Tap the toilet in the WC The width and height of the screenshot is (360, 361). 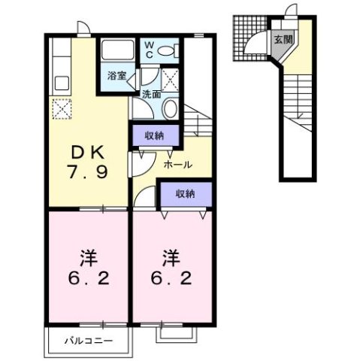pos(172,50)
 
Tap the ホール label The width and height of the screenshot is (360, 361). pos(177,165)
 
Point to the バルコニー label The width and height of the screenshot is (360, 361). pos(83,341)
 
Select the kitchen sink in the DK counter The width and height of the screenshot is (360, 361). pos(57,80)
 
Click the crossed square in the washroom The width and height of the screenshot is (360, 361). pos(171,78)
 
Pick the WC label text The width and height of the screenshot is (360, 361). pos(149,48)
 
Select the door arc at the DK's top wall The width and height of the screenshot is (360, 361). pos(83,28)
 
